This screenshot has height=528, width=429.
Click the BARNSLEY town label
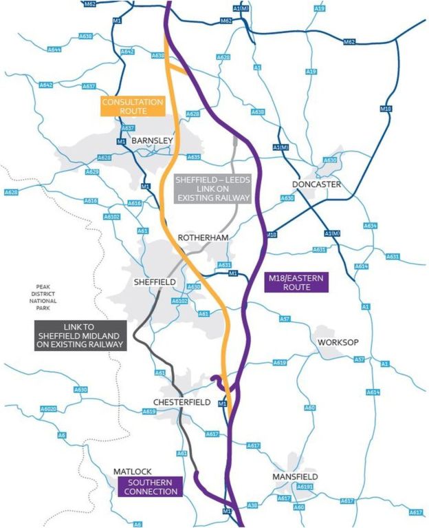pyautogui.click(x=152, y=140)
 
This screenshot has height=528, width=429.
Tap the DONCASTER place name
pyautogui.click(x=316, y=184)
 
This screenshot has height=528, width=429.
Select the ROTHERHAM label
pyautogui.click(x=202, y=237)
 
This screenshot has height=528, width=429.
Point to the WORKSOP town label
pyautogui.click(x=335, y=342)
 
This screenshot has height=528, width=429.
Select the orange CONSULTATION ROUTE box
pyautogui.click(x=133, y=106)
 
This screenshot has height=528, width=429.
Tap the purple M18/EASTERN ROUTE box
pyautogui.click(x=296, y=281)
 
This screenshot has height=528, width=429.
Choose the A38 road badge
pyautogui.click(x=252, y=506)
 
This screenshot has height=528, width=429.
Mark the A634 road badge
pyautogui.click(x=371, y=226)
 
